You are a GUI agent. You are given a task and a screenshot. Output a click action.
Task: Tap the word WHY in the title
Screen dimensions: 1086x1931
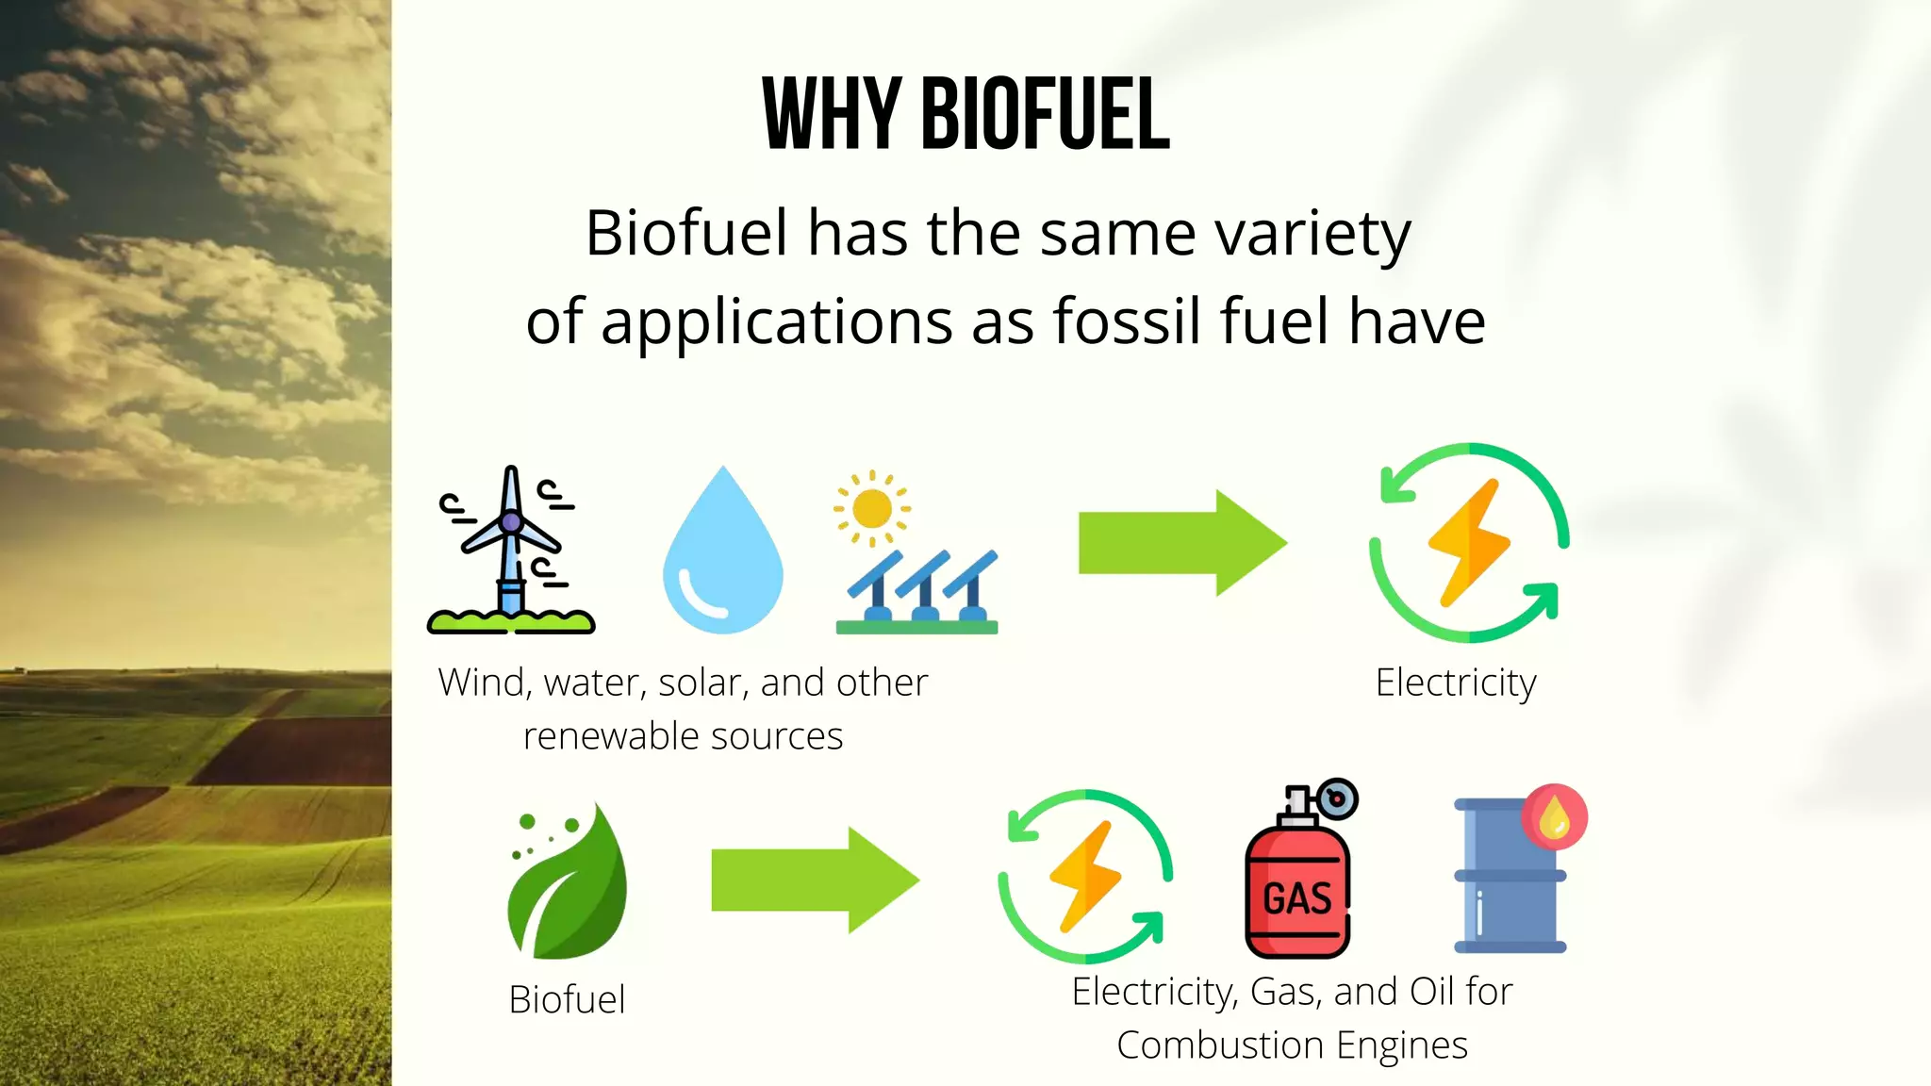pos(831,115)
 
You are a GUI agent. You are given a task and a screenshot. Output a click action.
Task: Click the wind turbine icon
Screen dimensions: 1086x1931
pos(511,551)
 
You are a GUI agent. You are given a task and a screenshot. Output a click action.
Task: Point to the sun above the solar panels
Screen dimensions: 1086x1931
pos(871,509)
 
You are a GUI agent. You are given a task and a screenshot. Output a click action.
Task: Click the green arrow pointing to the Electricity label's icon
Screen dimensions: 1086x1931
pos(1182,543)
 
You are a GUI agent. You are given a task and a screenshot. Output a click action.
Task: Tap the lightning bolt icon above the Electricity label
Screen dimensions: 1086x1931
pos(1469,542)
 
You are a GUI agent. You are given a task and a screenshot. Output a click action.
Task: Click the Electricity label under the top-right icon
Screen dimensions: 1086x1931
pos(1456,683)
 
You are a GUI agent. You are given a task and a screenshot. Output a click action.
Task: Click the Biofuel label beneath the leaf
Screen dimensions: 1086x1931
pos(567,999)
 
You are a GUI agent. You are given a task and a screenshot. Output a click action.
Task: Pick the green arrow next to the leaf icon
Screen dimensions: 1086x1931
pos(815,880)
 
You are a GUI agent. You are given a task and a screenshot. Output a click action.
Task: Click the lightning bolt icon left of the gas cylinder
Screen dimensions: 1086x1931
pos(1085,876)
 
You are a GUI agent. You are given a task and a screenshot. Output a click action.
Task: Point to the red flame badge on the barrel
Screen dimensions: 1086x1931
pos(1554,816)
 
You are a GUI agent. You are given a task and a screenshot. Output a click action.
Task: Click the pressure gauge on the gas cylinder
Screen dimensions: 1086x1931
pos(1337,799)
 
